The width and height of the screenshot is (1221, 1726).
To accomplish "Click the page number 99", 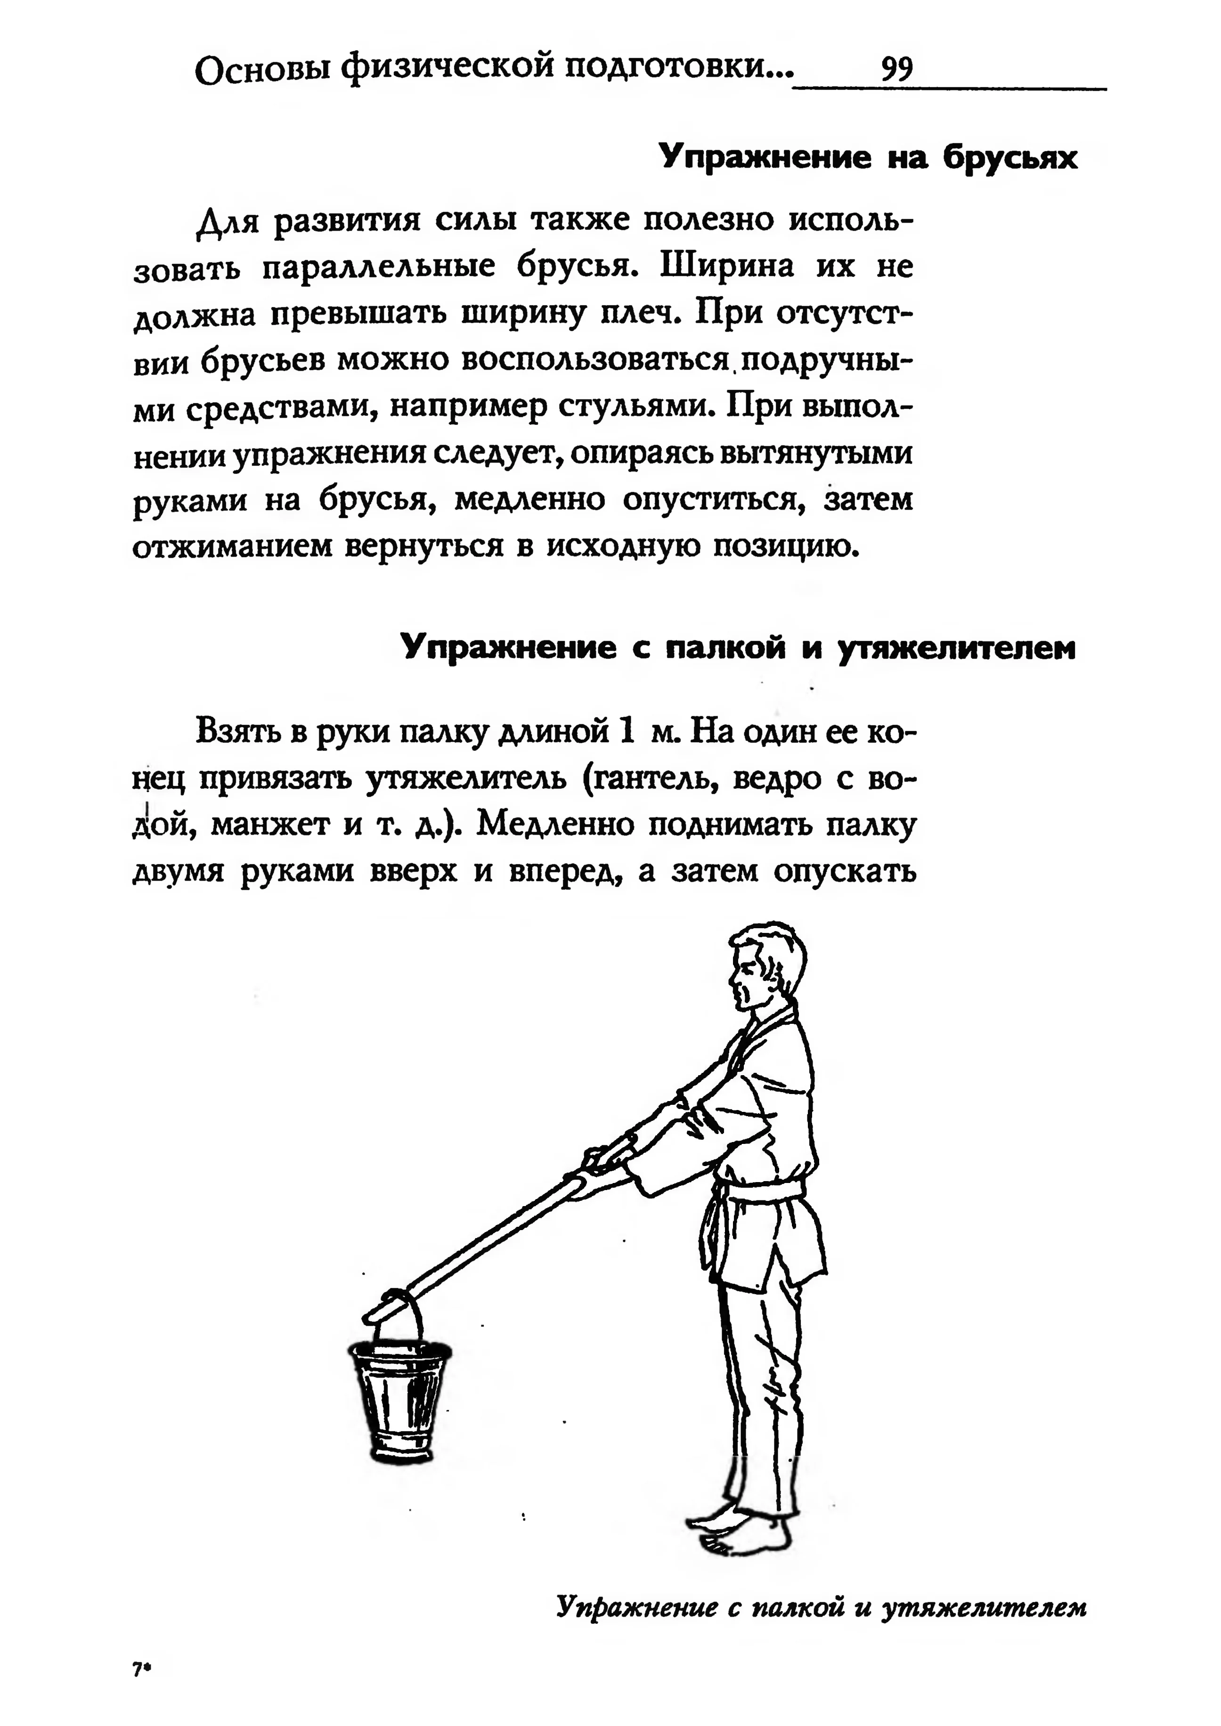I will [897, 70].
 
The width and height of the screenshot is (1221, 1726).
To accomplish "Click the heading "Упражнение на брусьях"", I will [868, 157].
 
